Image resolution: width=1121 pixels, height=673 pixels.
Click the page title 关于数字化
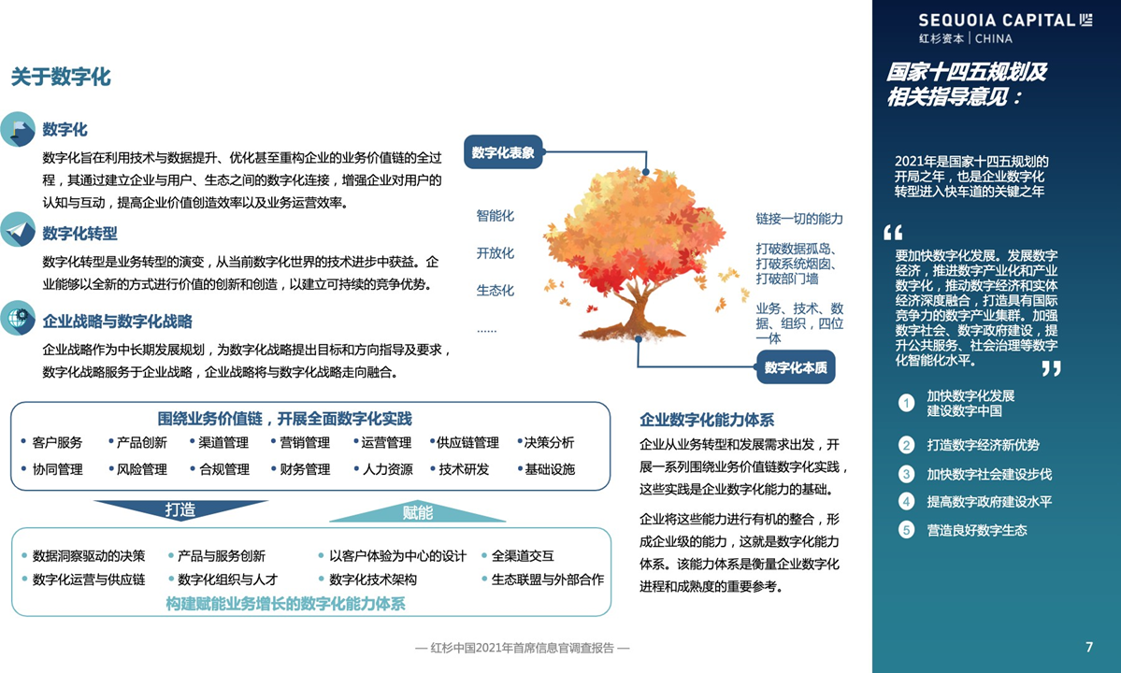point(61,77)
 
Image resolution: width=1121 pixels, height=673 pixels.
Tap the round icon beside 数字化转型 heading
point(18,230)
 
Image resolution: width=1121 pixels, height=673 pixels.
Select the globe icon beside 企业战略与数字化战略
point(18,318)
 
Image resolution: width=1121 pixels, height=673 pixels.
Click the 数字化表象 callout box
point(503,152)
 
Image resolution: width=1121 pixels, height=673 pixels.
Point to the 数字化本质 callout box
point(796,367)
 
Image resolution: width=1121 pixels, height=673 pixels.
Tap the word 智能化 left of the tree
point(496,216)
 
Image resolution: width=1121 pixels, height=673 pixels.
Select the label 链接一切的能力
point(799,219)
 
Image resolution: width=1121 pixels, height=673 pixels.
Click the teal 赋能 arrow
point(418,511)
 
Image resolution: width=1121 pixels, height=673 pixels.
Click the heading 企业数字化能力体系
point(707,420)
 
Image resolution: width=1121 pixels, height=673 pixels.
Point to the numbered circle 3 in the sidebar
point(907,474)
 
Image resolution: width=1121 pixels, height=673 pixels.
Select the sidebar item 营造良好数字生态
point(977,530)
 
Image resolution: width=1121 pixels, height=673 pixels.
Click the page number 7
point(1089,647)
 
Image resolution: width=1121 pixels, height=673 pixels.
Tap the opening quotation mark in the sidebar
point(894,232)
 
